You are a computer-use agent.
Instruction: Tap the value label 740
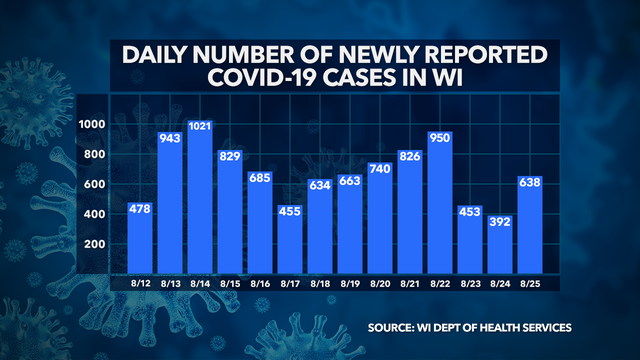point(379,170)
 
